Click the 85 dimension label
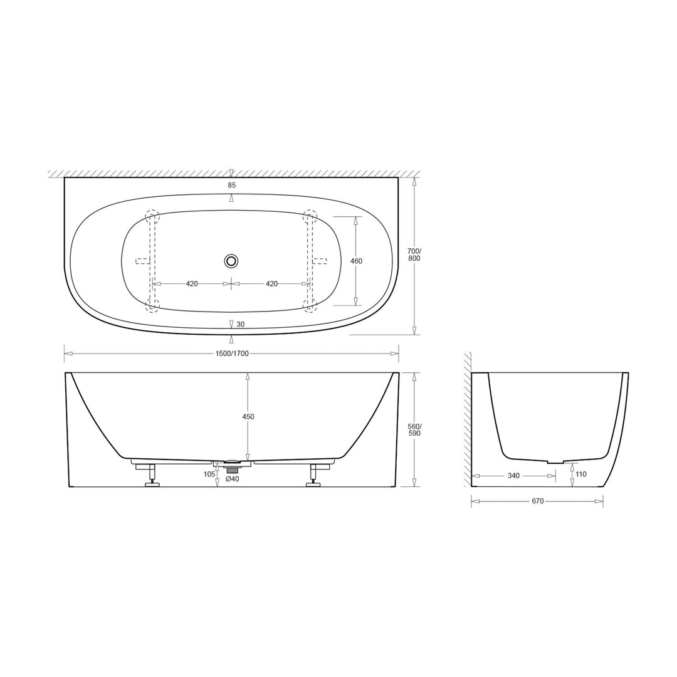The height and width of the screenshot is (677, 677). (232, 185)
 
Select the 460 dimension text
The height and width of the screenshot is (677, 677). (356, 261)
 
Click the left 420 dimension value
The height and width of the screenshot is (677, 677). (192, 284)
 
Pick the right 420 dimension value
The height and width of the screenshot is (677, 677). (271, 284)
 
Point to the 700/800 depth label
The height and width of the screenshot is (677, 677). (414, 255)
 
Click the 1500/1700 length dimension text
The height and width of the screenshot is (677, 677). (231, 354)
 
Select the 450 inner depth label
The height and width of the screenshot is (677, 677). (248, 417)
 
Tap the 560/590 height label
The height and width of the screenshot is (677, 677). (414, 429)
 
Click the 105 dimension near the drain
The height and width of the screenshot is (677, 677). (209, 474)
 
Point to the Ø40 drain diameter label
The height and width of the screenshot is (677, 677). (232, 480)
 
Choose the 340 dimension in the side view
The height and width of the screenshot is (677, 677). (513, 476)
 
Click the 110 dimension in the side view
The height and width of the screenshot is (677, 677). (581, 475)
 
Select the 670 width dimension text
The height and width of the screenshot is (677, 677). (537, 501)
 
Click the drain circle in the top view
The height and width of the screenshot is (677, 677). (231, 260)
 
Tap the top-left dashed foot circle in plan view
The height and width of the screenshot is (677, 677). (152, 217)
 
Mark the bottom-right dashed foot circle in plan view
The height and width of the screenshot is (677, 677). (310, 305)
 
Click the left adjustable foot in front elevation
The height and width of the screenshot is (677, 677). (152, 475)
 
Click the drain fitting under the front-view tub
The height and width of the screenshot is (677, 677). (233, 466)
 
